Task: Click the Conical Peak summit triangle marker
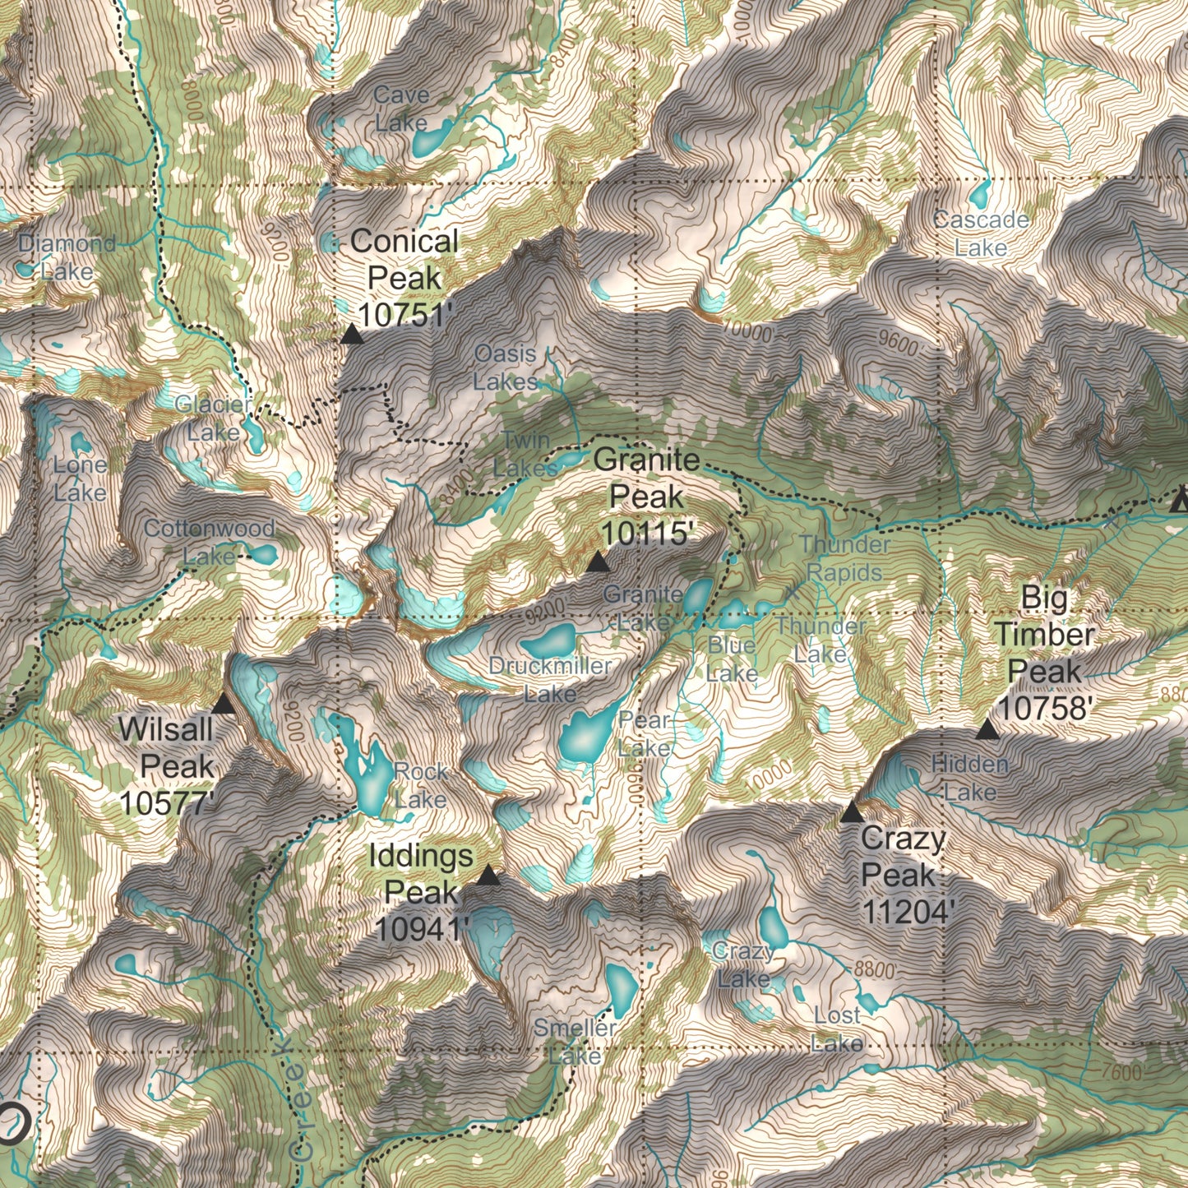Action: pos(352,334)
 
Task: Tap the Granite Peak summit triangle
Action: pos(598,562)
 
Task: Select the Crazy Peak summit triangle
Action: pos(852,813)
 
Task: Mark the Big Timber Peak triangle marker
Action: pos(987,729)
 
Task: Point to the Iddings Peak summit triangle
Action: pos(488,876)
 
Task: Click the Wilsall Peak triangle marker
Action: pos(223,704)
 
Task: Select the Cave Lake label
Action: pos(401,109)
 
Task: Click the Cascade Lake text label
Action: pos(981,233)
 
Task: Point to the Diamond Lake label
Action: pos(67,257)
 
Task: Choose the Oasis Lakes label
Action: pos(506,367)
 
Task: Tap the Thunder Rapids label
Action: pos(845,558)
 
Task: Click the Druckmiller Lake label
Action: pos(550,679)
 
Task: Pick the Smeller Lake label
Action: pos(575,1041)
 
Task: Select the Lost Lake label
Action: pos(837,1029)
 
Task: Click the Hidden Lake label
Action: pos(970,778)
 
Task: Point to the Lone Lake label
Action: pos(80,478)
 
